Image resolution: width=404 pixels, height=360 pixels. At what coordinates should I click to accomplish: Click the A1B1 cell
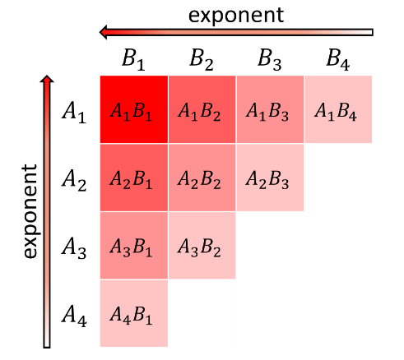click(x=134, y=109)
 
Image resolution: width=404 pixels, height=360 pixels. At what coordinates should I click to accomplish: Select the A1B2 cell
click(x=202, y=109)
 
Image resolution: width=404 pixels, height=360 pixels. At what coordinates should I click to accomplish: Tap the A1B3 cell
click(x=270, y=109)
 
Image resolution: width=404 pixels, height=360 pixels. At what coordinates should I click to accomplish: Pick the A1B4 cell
click(x=338, y=109)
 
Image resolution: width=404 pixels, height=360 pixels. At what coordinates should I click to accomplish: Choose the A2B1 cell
click(x=134, y=178)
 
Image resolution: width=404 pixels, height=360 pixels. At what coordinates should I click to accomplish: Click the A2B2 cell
click(x=202, y=178)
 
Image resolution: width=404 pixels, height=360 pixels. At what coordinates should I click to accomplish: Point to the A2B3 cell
click(x=270, y=178)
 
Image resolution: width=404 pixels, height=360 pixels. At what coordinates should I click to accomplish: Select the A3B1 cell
click(x=134, y=246)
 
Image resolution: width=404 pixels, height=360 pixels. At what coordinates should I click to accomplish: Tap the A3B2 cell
click(x=202, y=246)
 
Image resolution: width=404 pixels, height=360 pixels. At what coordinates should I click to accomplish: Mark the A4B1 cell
click(x=134, y=313)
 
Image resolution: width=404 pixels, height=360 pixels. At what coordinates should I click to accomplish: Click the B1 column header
click(x=133, y=60)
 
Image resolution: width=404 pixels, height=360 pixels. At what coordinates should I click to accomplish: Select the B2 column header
click(x=202, y=60)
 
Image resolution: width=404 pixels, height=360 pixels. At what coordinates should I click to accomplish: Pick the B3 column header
click(x=270, y=60)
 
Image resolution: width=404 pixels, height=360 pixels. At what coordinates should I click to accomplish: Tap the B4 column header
click(x=338, y=60)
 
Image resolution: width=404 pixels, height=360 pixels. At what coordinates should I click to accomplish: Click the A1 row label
click(x=74, y=113)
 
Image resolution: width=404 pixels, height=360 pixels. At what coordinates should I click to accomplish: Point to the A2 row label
click(x=74, y=180)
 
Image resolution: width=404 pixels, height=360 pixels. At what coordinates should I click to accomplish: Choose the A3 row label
click(x=74, y=248)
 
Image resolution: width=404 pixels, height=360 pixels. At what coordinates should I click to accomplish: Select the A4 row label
click(x=74, y=316)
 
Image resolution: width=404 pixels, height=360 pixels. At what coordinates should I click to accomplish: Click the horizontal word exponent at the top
click(x=236, y=16)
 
